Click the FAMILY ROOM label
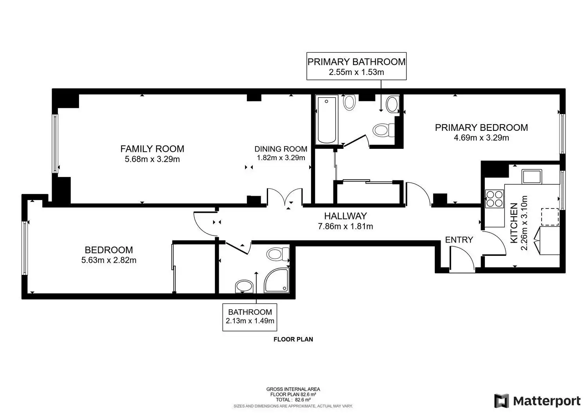click(x=152, y=149)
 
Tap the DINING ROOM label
click(x=281, y=149)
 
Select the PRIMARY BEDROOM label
click(x=481, y=128)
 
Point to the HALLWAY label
click(x=346, y=216)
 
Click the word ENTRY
click(x=459, y=239)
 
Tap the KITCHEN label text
click(x=514, y=223)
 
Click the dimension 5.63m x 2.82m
click(x=109, y=260)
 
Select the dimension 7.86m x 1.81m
click(x=346, y=226)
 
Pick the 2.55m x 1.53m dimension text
click(x=357, y=72)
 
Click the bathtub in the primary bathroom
click(x=327, y=120)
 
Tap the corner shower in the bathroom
click(x=276, y=280)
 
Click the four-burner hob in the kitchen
click(x=495, y=199)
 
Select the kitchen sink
click(x=532, y=177)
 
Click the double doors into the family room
click(x=285, y=196)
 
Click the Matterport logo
click(x=537, y=401)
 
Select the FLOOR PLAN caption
click(x=293, y=339)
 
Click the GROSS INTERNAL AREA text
click(x=293, y=389)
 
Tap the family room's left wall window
click(x=55, y=144)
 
